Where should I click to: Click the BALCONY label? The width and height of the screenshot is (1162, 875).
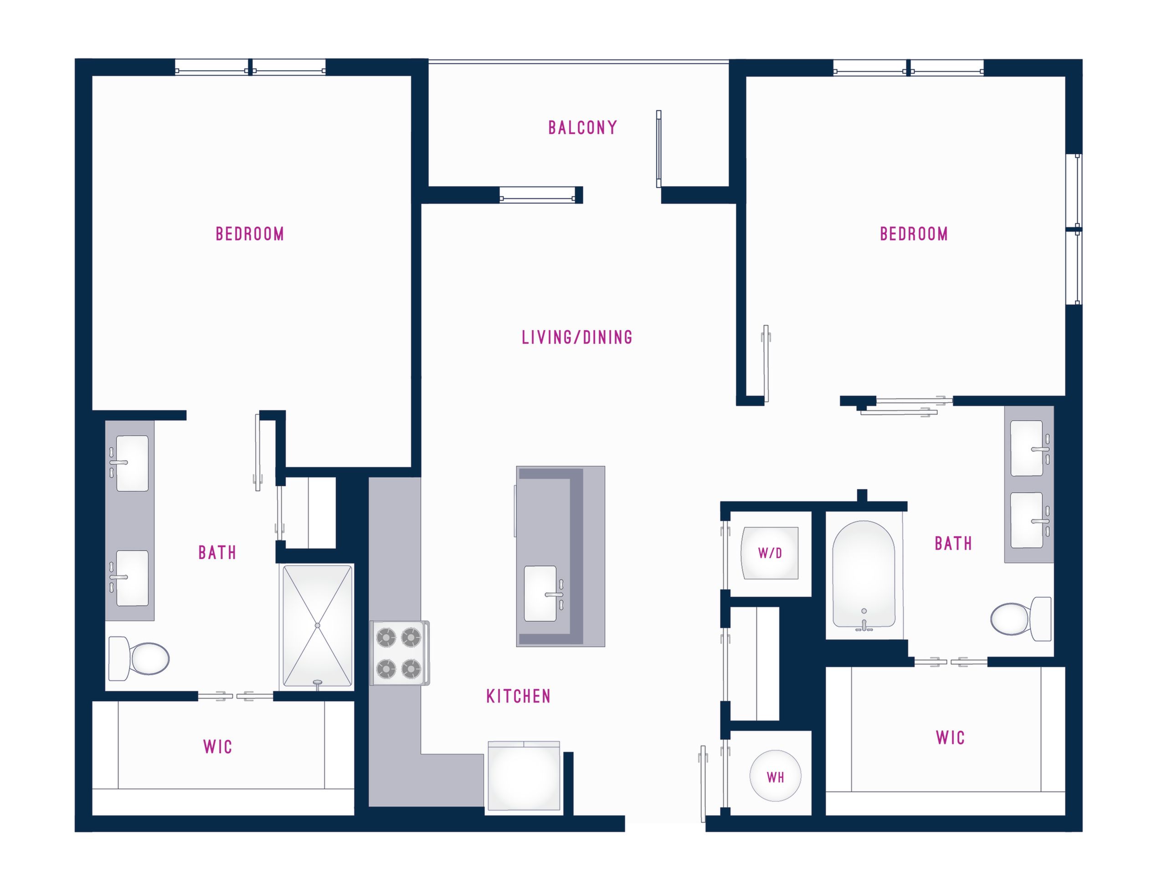pyautogui.click(x=582, y=128)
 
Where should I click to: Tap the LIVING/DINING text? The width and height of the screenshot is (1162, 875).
pyautogui.click(x=577, y=337)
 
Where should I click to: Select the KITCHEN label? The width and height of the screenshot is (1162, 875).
pyautogui.click(x=519, y=696)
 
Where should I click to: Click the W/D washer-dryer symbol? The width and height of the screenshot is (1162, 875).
pyautogui.click(x=770, y=553)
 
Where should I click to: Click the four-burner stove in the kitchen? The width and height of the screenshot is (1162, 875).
pyautogui.click(x=399, y=652)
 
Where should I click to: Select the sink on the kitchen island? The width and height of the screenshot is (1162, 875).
pyautogui.click(x=543, y=593)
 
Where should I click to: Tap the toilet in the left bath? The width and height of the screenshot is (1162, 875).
pyautogui.click(x=139, y=658)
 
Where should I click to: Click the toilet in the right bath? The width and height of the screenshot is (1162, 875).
pyautogui.click(x=1021, y=619)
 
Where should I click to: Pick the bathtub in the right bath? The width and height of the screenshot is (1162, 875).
pyautogui.click(x=864, y=575)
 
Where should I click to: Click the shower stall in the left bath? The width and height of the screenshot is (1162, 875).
pyautogui.click(x=317, y=626)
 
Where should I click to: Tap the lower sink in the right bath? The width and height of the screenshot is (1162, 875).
pyautogui.click(x=1029, y=520)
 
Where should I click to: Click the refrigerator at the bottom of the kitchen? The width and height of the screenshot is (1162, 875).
pyautogui.click(x=524, y=776)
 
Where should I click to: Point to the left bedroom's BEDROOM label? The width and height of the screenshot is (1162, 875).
pyautogui.click(x=250, y=234)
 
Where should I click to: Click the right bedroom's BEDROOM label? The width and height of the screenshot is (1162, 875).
pyautogui.click(x=914, y=234)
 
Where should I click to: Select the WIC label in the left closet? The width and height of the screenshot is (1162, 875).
pyautogui.click(x=217, y=747)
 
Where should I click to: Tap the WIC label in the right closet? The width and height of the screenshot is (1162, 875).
pyautogui.click(x=950, y=738)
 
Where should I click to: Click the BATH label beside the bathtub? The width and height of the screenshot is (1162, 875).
pyautogui.click(x=953, y=544)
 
